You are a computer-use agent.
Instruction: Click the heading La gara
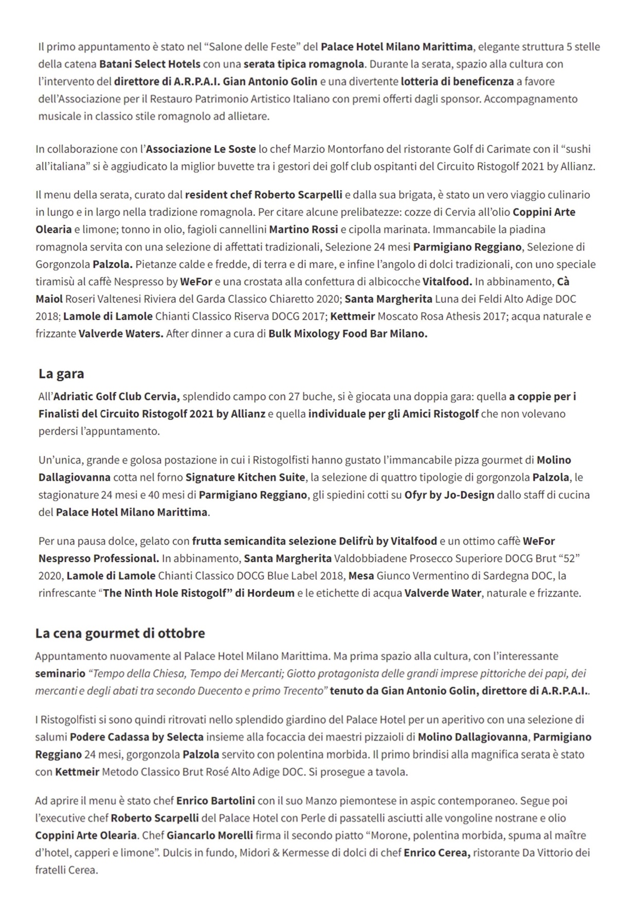point(61,374)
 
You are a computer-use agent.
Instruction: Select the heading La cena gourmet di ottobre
point(120,633)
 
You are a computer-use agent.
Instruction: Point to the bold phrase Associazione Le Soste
point(201,149)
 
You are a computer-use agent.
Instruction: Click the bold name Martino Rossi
point(304,229)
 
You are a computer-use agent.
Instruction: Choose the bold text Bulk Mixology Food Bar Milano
point(348,334)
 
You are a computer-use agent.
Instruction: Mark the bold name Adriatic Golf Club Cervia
point(116,397)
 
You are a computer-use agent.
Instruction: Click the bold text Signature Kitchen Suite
point(245,477)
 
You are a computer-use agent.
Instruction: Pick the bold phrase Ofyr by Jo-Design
point(449,495)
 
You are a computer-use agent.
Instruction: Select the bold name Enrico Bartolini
point(215,801)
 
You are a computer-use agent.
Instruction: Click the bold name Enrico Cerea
point(437,853)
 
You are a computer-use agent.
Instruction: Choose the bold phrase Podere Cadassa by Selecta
point(137,737)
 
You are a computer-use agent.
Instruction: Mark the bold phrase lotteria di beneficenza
point(458,81)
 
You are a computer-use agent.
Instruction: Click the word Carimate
point(505,149)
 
